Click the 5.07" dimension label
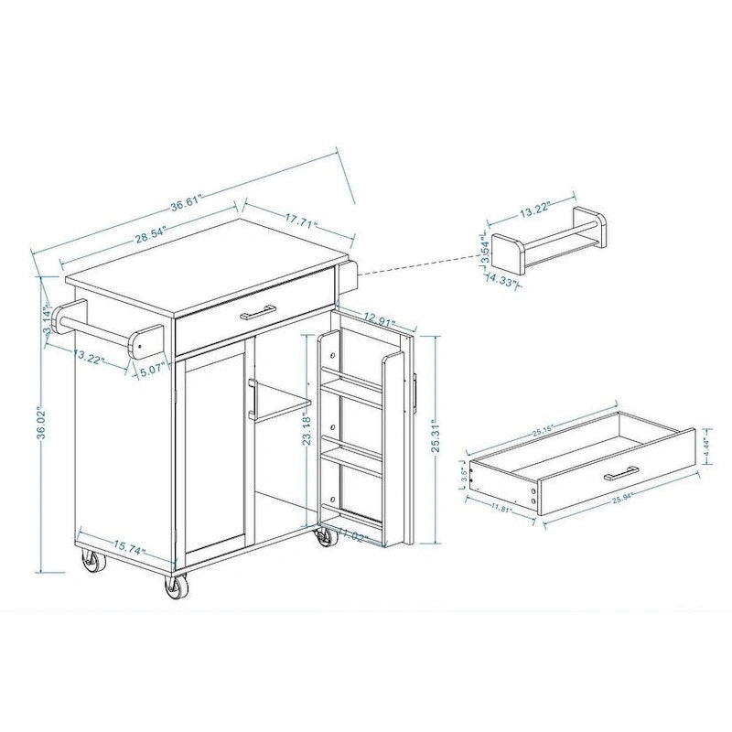tap(151, 371)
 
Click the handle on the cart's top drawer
tap(258, 313)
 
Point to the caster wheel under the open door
tap(325, 539)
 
